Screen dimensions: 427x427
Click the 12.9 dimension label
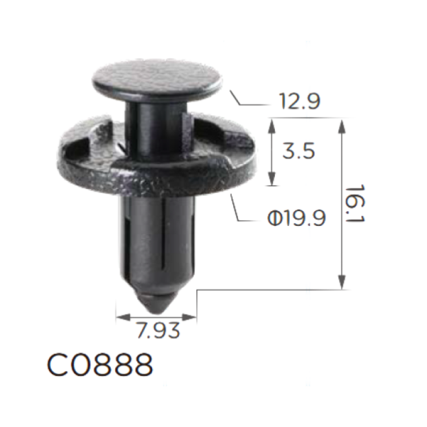(299, 101)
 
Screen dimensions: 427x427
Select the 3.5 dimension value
(299, 151)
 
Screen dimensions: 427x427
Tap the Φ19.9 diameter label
(297, 218)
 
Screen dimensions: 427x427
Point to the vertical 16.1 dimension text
(355, 203)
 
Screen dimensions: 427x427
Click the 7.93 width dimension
(158, 330)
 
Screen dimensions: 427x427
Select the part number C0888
(100, 364)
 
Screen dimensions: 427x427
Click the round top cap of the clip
(157, 79)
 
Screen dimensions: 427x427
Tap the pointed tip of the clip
(157, 311)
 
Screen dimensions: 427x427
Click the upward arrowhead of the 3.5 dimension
(272, 126)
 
